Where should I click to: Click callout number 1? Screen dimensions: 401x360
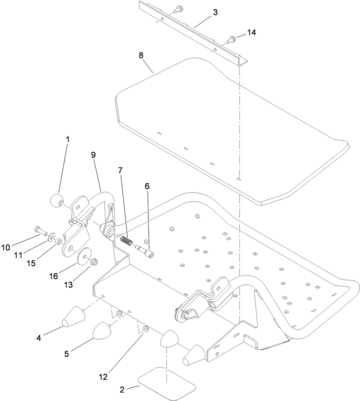[68, 139]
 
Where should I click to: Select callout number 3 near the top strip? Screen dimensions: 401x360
[215, 12]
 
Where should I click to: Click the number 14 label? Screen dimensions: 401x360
[251, 33]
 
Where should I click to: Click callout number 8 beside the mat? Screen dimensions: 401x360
[141, 55]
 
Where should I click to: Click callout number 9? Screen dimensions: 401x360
[93, 154]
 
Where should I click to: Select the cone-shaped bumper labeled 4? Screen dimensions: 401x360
[73, 317]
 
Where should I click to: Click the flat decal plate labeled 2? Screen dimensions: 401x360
[167, 382]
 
